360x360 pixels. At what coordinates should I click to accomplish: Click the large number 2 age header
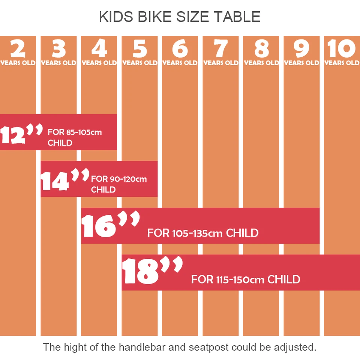18,49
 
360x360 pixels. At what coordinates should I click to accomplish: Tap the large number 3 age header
58,49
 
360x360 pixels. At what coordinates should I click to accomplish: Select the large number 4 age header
99,49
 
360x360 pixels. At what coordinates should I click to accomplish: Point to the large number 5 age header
139,49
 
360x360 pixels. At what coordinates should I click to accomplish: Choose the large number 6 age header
180,49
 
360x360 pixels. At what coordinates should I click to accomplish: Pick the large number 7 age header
220,49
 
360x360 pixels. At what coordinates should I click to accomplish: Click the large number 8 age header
261,49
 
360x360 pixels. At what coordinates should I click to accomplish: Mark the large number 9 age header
301,49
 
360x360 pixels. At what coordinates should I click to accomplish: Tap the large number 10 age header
342,49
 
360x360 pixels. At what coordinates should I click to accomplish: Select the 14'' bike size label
64,180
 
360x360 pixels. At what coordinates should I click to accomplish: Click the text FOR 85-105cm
75,132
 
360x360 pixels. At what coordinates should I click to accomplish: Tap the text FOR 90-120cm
119,179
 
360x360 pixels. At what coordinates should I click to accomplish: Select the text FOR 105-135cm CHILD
202,233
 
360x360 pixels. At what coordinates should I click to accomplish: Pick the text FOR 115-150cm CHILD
246,279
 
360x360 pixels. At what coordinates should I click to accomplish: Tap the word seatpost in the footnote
207,347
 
